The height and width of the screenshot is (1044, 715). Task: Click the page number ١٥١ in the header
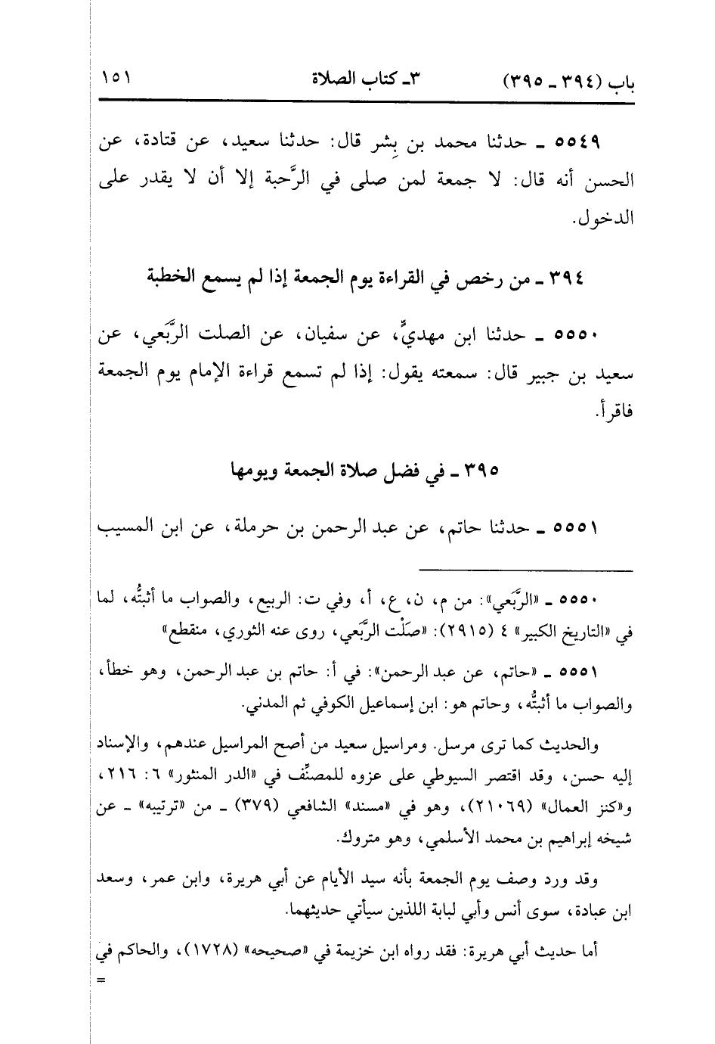116,79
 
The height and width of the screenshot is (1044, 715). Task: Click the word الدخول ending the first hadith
605,220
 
